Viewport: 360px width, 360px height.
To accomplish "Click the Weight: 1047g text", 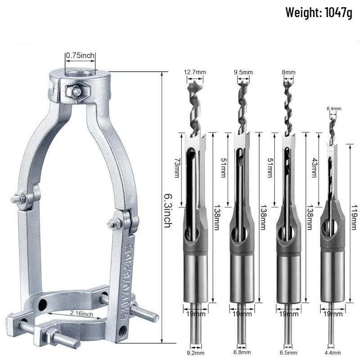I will tap(318, 13).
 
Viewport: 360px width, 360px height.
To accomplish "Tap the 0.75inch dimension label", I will tap(81, 56).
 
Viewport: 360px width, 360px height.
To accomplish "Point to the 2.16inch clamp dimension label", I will tap(81, 313).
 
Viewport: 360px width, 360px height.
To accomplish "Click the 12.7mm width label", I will tap(195, 72).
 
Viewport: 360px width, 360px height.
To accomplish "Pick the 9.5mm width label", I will tap(243, 72).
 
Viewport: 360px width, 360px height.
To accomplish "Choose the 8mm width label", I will tap(289, 72).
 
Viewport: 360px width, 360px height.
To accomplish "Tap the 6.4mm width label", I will tap(333, 108).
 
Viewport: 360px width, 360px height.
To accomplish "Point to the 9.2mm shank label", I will tap(196, 353).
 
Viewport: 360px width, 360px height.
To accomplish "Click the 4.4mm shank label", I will tap(333, 353).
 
